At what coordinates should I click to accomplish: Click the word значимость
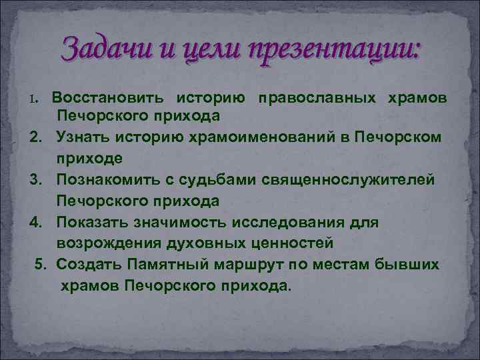[185, 221]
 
